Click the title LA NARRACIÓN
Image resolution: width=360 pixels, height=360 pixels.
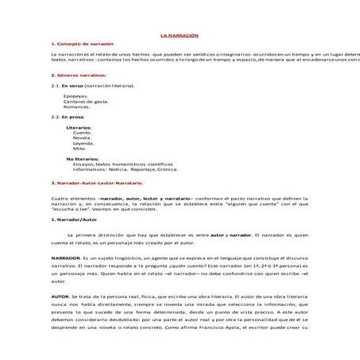click(179, 37)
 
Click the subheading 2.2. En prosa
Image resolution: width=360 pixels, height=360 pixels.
click(67, 117)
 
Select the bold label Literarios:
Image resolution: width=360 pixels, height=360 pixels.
click(79, 127)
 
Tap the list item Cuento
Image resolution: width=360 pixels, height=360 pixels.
click(82, 132)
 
